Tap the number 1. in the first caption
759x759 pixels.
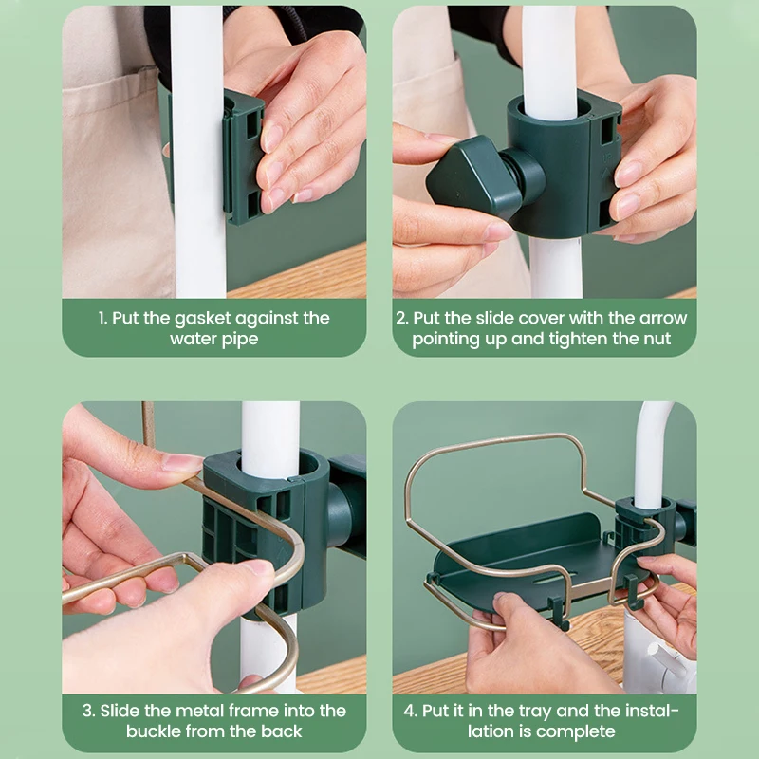coord(102,318)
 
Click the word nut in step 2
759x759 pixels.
coord(657,339)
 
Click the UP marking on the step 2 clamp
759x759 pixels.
coord(606,158)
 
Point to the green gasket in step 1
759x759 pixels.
coord(243,158)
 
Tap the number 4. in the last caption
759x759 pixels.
coord(410,711)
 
